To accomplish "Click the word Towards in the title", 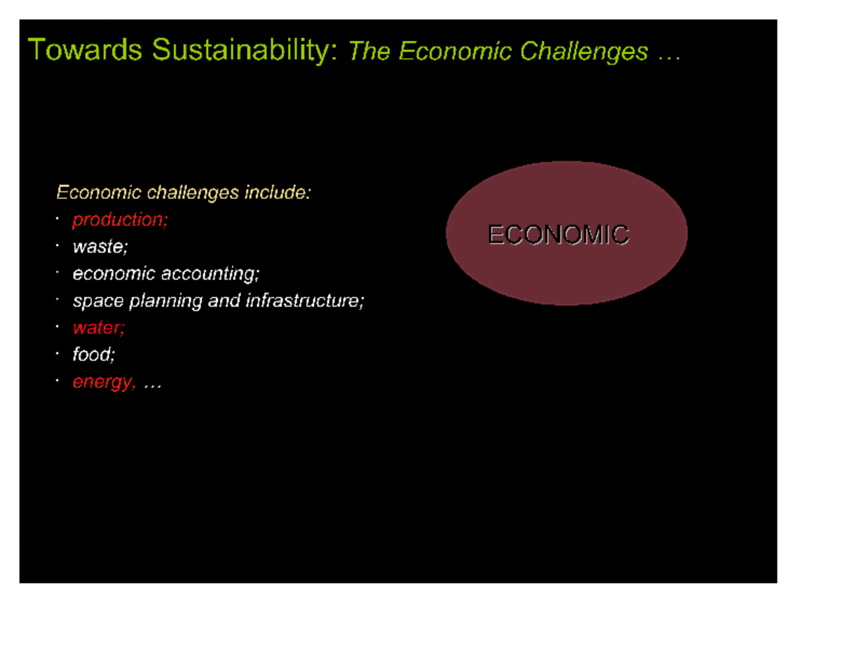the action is click(x=85, y=50).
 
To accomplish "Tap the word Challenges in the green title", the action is click(x=583, y=52).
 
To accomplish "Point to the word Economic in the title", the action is click(x=455, y=51).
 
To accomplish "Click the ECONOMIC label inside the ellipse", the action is click(x=558, y=235).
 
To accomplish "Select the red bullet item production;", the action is click(x=120, y=220).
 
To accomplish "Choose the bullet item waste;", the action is click(x=100, y=247).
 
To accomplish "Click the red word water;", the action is click(x=98, y=328).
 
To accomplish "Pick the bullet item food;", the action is click(x=94, y=354).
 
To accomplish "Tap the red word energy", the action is click(x=104, y=382).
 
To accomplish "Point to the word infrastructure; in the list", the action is click(x=305, y=301).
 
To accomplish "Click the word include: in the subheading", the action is click(x=278, y=192).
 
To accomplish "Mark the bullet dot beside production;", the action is click(x=57, y=219).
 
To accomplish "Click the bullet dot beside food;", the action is click(x=57, y=354).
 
